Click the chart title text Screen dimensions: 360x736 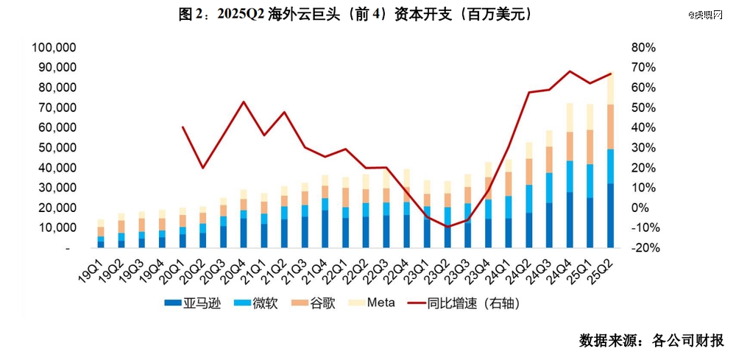tap(355, 15)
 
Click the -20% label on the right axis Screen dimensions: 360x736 tap(642, 248)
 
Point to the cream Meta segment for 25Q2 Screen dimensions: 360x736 tap(610, 88)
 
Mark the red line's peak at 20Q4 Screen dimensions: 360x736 tap(244, 102)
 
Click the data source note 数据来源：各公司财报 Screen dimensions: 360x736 tap(651, 341)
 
